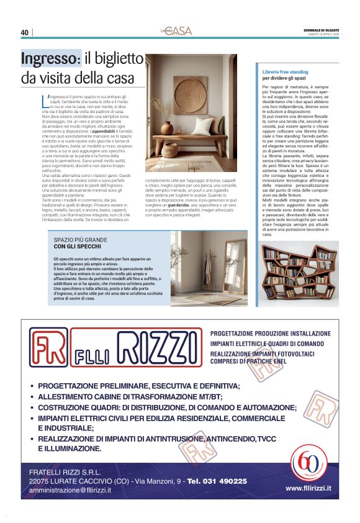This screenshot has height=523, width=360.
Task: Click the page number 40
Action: click(25, 32)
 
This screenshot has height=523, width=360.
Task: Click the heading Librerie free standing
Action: click(286, 72)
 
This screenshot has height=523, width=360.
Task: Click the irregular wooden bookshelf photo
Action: click(300, 274)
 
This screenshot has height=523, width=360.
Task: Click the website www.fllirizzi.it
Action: click(308, 488)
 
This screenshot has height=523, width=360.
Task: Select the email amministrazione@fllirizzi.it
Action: click(70, 490)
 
